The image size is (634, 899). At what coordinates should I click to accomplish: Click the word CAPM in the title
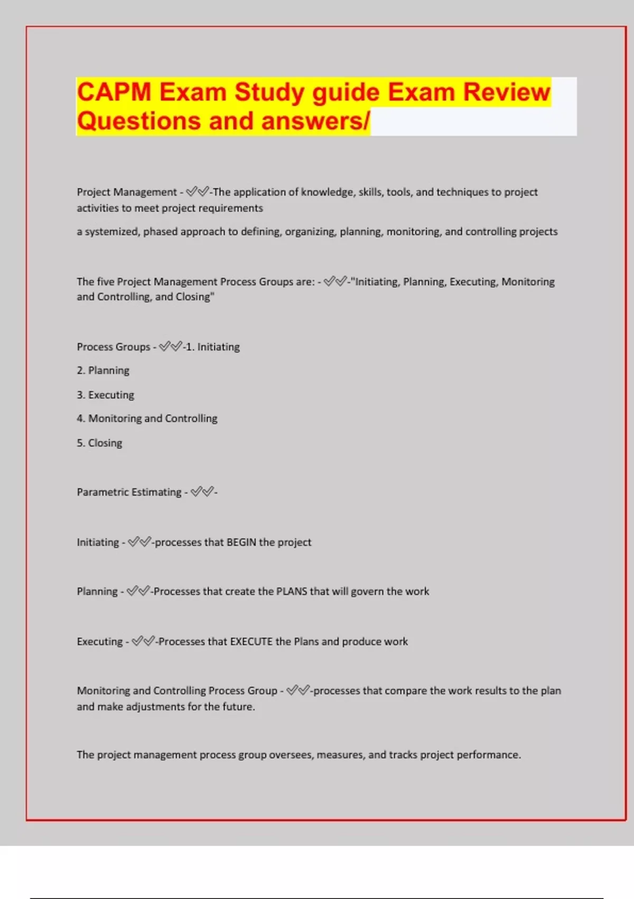114,92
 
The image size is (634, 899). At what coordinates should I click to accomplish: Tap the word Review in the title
507,92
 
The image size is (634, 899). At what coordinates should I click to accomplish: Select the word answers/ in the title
315,121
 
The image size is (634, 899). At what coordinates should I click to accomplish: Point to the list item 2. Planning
103,370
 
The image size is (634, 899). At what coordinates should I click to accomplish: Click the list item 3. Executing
106,395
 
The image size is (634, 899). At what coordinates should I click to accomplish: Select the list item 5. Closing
99,443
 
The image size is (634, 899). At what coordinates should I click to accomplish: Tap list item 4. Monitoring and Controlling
147,418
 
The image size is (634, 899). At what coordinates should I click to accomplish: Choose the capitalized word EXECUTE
251,641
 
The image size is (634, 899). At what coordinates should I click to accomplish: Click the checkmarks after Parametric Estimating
202,492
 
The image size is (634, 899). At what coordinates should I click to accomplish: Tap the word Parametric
102,492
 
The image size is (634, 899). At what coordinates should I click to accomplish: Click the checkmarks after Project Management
198,191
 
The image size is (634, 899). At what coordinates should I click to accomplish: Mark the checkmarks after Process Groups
170,346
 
